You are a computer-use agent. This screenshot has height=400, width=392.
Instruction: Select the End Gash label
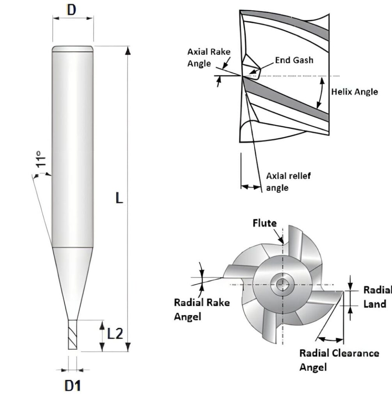point(294,60)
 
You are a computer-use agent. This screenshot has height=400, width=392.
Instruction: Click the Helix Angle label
point(354,92)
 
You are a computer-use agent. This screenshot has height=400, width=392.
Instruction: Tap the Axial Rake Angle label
point(209,57)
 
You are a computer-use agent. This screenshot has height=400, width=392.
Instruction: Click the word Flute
point(264,223)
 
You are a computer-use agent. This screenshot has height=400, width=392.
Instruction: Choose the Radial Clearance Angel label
point(339,360)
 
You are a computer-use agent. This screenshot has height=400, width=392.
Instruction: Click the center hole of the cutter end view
point(280,284)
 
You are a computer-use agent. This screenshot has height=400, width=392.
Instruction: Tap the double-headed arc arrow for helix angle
point(321,92)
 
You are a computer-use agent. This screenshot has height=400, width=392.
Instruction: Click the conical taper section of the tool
point(73,273)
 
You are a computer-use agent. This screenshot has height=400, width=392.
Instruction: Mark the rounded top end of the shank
point(73,48)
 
